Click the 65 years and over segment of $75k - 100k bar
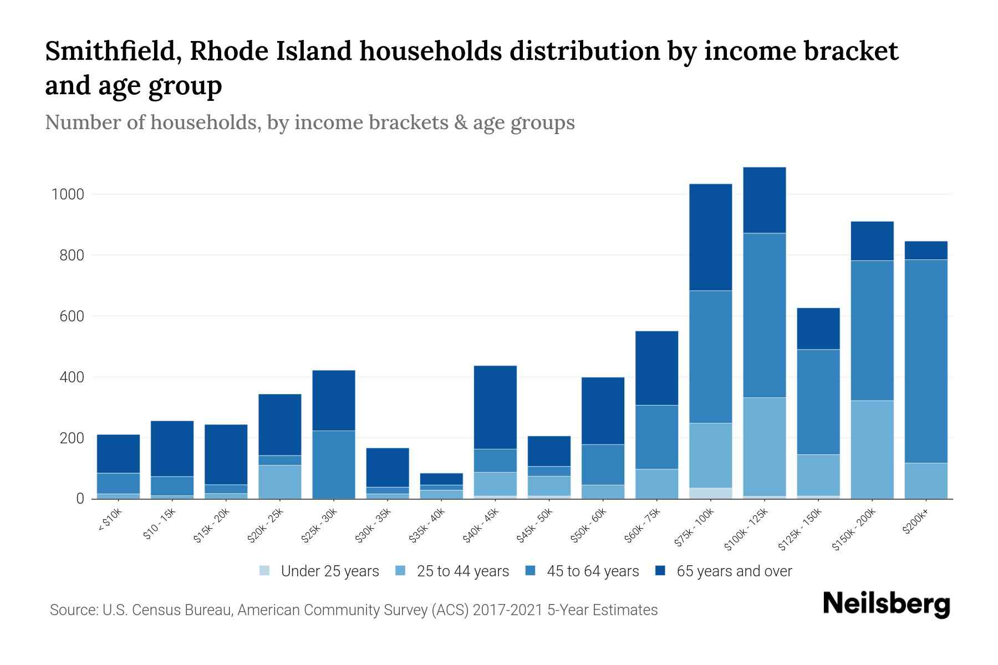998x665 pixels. pos(710,237)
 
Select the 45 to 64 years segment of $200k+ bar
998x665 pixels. pos(925,361)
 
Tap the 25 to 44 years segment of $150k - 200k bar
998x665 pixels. pos(872,449)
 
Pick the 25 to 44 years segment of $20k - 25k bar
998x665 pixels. pos(279,482)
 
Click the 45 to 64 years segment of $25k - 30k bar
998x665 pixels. pos(333,464)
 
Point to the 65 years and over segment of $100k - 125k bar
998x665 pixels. pos(764,200)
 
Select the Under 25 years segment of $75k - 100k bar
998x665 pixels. pos(710,493)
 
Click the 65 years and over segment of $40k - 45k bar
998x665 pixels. pos(495,407)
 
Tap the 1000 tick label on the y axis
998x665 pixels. pos(67,195)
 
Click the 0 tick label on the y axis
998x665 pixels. pos(80,499)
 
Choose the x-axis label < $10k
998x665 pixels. pos(110,520)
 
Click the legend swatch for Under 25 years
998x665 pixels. pos(265,571)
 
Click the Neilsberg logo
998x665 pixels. pos(886,603)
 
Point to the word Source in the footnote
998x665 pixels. pos(72,610)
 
